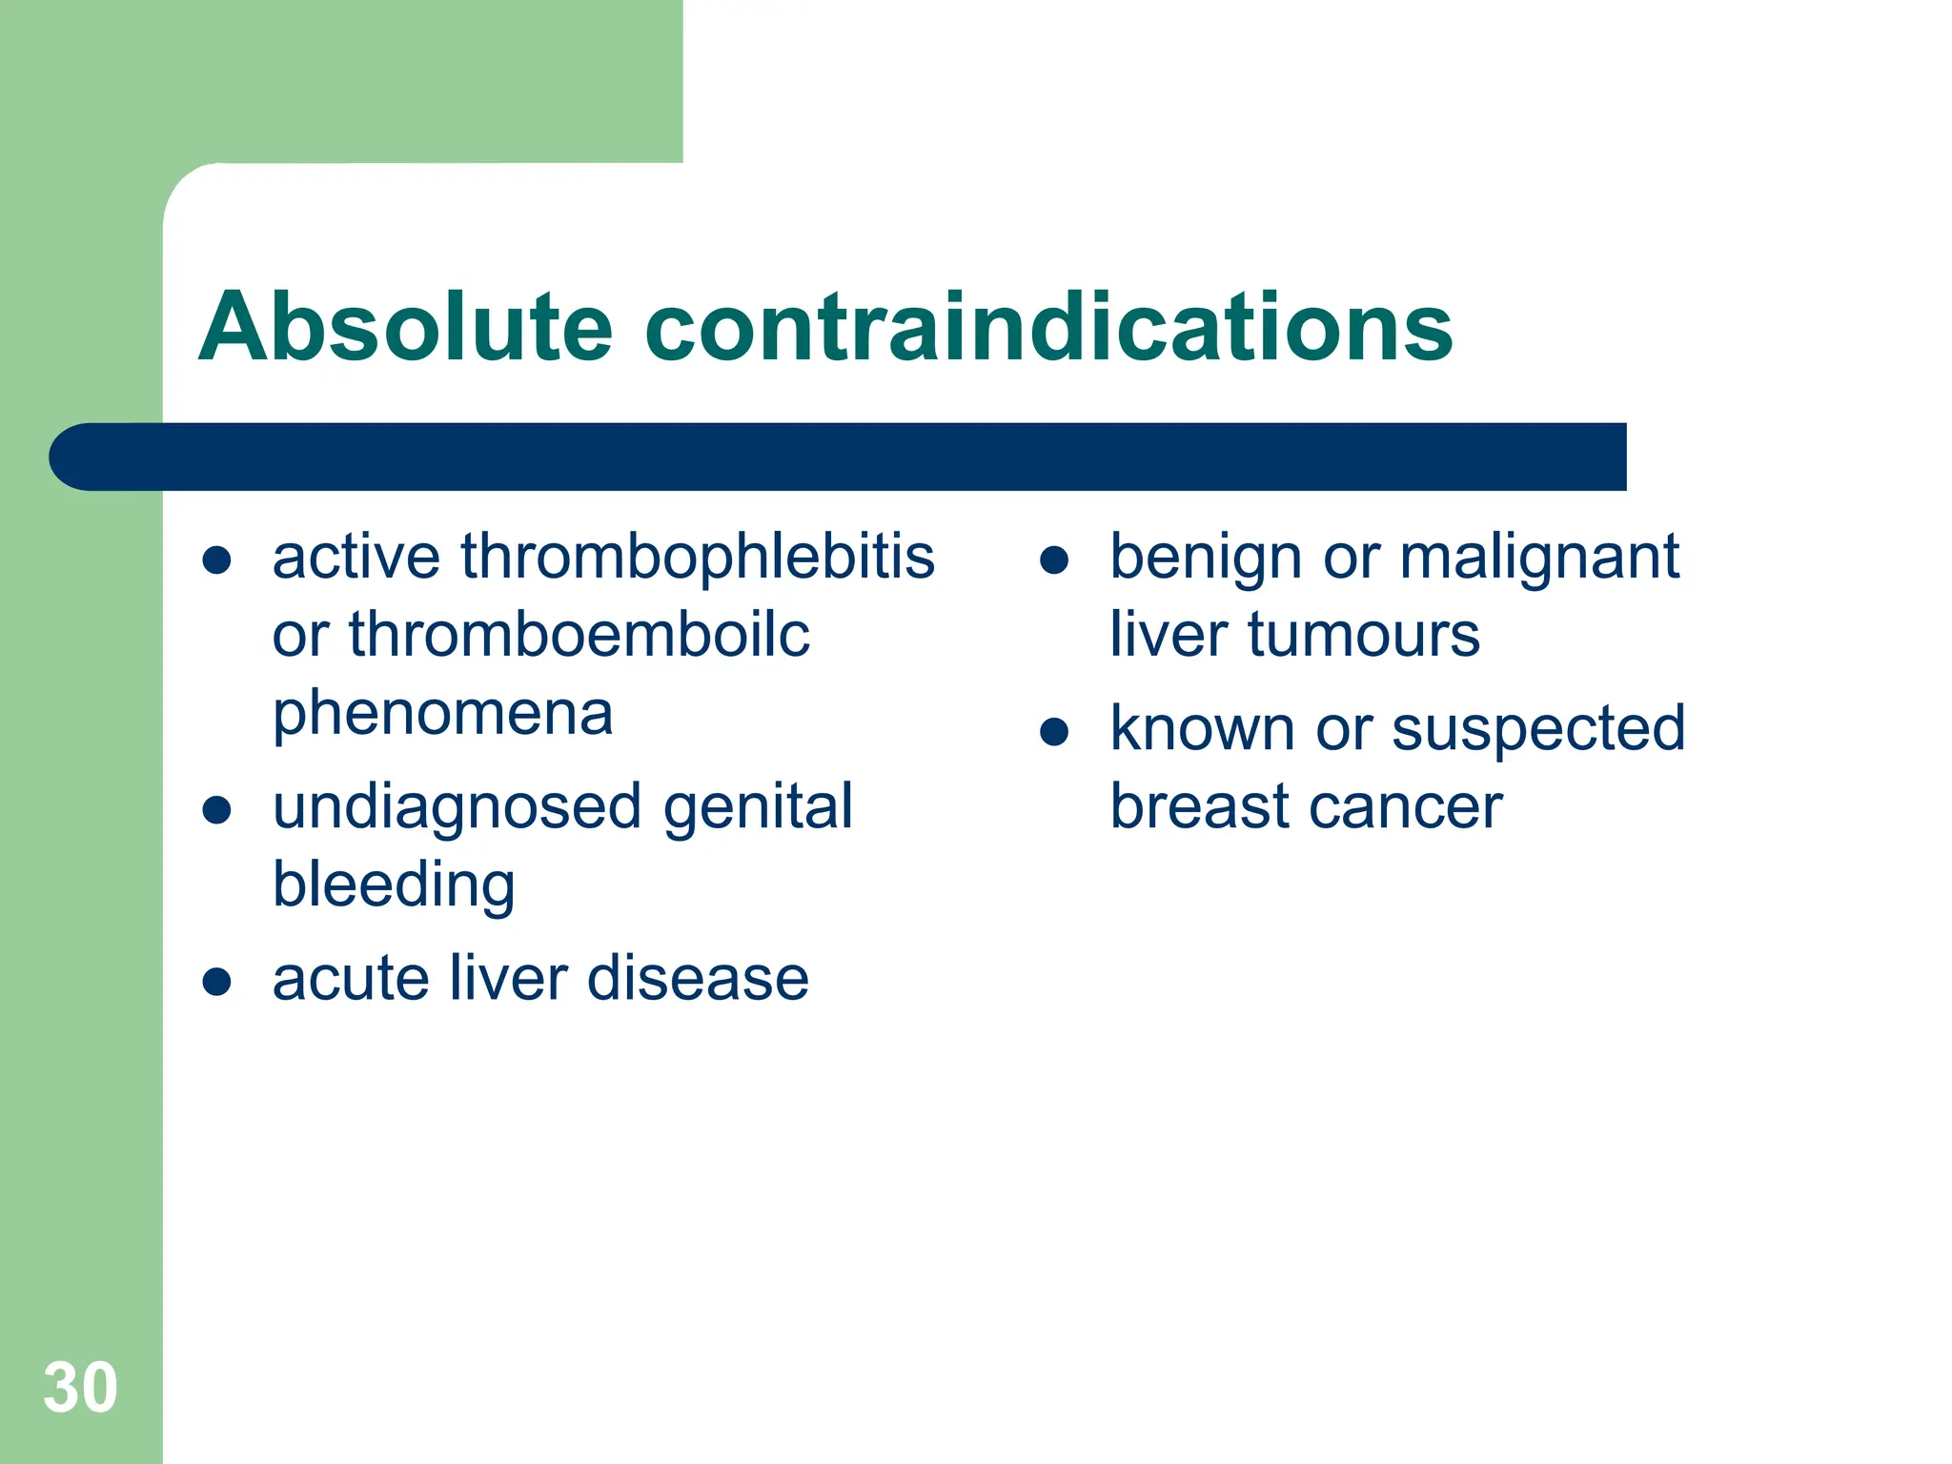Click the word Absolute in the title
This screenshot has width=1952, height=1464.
tap(405, 327)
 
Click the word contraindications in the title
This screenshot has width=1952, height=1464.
tap(1048, 327)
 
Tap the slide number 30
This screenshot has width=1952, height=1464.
tap(80, 1388)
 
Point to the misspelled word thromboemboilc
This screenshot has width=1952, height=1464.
tap(579, 635)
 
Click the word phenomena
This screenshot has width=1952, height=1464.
tap(442, 713)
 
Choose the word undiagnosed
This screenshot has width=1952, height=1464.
tap(457, 807)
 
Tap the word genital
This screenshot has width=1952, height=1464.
tap(758, 807)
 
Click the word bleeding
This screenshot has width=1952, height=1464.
tap(394, 885)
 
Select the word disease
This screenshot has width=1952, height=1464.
tap(698, 979)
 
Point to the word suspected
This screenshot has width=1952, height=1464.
tap(1538, 729)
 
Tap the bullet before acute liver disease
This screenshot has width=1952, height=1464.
tap(217, 982)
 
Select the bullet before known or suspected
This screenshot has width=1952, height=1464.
tap(1054, 732)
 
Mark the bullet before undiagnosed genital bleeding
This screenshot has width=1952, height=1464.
tap(217, 810)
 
